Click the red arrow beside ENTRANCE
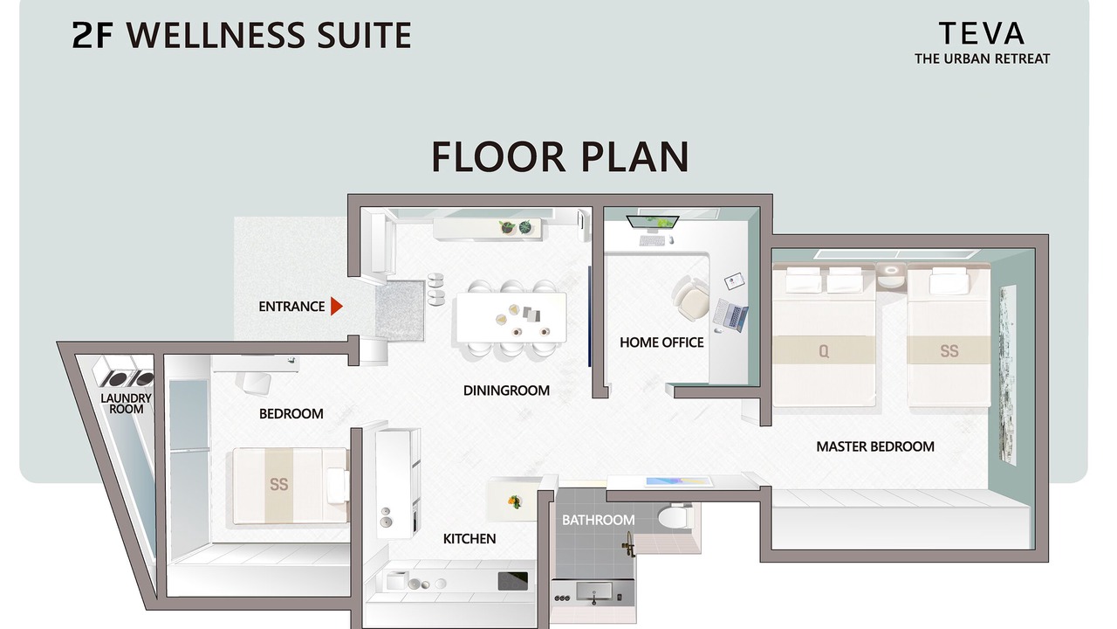(337, 307)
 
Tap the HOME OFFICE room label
(661, 342)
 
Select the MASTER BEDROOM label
(875, 446)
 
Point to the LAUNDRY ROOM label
(127, 404)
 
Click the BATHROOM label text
(599, 520)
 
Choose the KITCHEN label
(469, 539)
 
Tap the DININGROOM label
(506, 391)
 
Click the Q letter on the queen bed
(824, 351)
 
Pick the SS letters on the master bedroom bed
(949, 351)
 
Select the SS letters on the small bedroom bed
(278, 484)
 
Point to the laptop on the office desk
(731, 314)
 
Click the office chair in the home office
(692, 299)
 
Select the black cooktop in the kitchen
(512, 581)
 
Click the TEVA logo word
(982, 34)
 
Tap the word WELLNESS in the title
(216, 35)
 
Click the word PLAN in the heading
(635, 156)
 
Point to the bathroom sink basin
(594, 592)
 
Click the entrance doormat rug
(400, 311)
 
